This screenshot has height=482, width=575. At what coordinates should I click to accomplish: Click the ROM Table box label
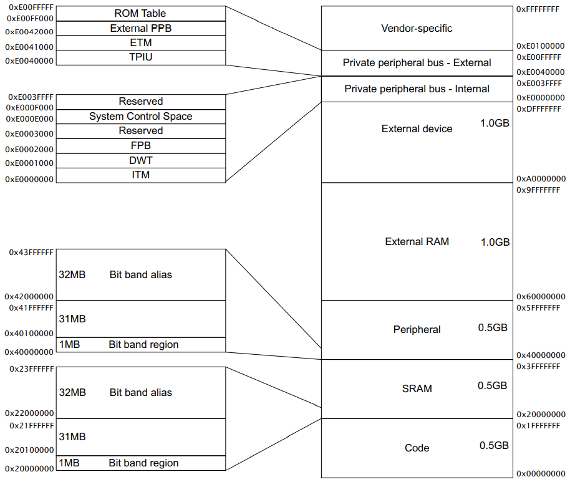pos(140,13)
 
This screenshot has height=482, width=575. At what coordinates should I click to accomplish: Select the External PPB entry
pos(140,28)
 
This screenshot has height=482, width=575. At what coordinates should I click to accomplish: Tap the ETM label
pos(140,43)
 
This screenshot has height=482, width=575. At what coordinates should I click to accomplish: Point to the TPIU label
pos(140,57)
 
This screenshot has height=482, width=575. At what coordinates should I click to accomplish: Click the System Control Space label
pos(140,117)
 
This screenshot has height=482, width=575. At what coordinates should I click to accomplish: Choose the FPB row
pos(140,145)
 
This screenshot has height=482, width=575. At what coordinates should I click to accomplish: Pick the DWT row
pos(140,160)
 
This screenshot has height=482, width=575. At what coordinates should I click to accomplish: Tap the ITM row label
pos(140,175)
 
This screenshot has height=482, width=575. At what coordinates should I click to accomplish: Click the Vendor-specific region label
pos(417,29)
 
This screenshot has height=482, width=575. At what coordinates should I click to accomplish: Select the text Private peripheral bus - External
pos(417,63)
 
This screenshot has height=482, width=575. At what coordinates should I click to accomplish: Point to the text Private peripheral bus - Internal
pos(417,89)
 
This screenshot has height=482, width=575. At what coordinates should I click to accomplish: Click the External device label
pos(417,129)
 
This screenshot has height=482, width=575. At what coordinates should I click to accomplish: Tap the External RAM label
pos(417,242)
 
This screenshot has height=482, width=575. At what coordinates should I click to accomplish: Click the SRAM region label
pos(417,389)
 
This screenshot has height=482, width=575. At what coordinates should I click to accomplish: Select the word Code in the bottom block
pos(417,448)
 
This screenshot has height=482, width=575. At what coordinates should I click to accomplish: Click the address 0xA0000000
pos(541,178)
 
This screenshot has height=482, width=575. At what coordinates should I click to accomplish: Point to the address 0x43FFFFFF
pos(31,253)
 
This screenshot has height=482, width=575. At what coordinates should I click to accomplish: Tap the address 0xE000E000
pos(29,119)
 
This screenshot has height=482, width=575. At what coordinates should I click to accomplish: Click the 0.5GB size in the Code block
pos(494,446)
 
